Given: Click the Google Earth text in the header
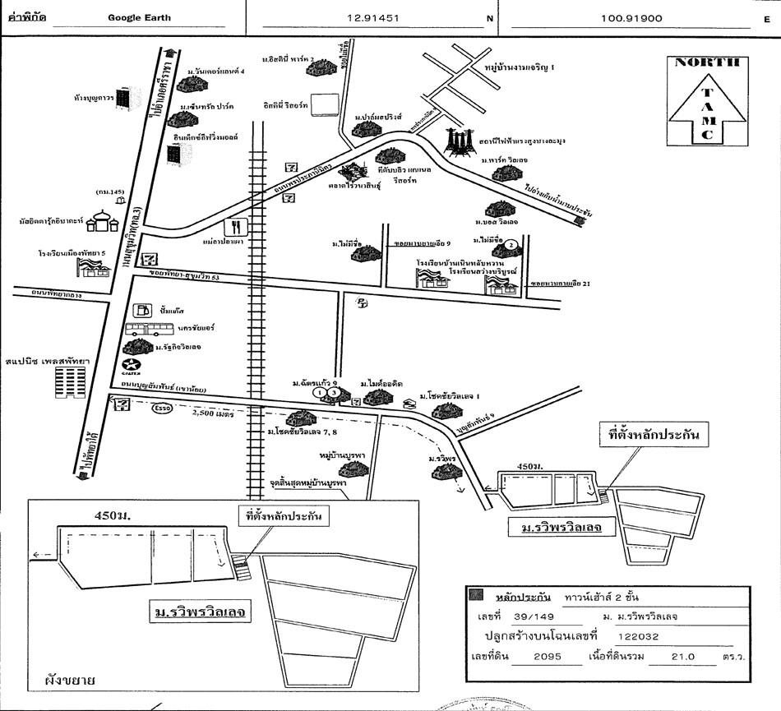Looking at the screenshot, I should (140, 17).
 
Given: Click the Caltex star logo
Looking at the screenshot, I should (131, 367).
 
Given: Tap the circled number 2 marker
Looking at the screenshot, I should (510, 244).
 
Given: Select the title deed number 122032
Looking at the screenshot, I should (639, 635).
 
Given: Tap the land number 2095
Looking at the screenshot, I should (546, 656).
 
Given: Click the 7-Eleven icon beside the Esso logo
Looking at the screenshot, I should (122, 405).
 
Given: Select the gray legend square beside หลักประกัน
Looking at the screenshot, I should (474, 595).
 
